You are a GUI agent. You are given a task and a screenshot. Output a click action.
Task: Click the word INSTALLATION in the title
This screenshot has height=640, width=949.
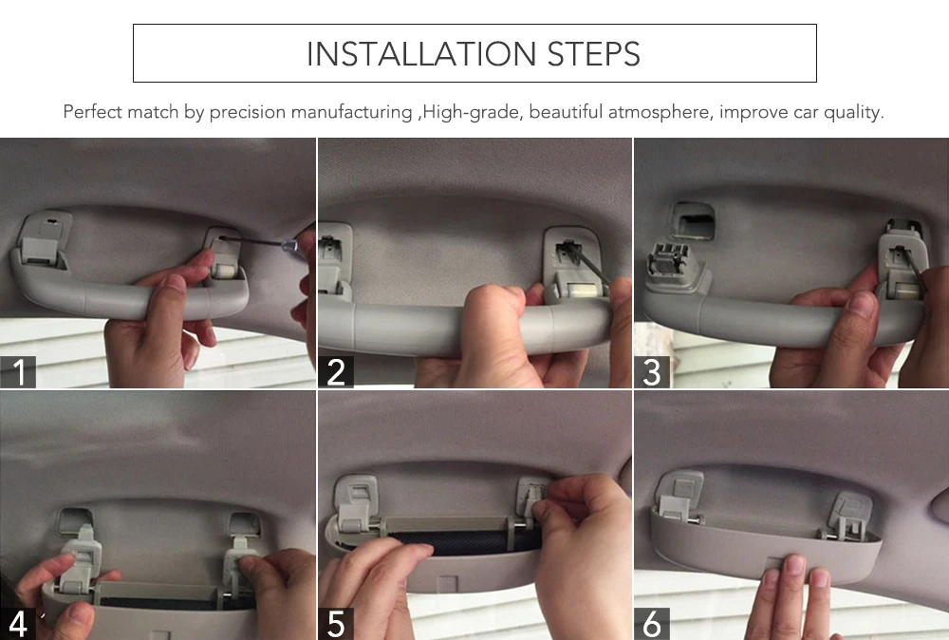421,54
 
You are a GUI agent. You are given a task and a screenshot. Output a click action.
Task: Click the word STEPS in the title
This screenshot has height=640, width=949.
594,54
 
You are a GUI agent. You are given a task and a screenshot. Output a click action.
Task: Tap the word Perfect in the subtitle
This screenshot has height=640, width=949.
91,112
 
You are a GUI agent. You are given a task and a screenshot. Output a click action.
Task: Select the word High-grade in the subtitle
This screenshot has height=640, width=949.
472,113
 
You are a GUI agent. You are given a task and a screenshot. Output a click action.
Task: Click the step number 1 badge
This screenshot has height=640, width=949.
18,372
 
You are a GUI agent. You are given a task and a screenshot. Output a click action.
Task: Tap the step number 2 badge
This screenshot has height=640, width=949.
336,372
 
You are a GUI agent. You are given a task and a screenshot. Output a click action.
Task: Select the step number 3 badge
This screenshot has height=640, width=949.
652,372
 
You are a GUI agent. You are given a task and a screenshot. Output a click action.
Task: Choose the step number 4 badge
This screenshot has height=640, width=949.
17,624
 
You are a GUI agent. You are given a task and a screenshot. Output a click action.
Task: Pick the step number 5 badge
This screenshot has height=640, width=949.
336,624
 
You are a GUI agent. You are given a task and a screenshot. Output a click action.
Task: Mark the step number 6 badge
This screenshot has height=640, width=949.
652,624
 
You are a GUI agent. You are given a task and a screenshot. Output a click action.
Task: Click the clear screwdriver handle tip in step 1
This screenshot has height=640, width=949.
290,246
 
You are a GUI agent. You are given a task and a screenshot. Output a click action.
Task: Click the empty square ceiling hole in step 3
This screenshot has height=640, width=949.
694,221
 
